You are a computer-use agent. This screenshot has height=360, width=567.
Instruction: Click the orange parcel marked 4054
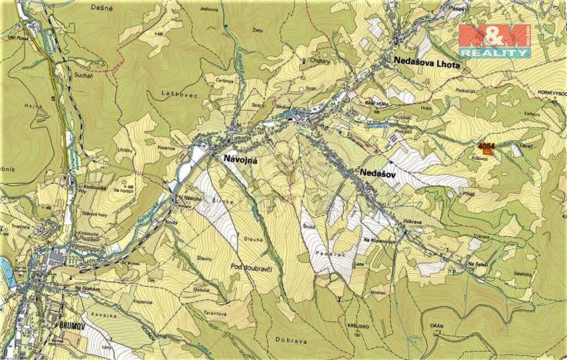(487, 148)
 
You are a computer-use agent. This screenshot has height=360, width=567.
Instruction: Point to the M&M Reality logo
(494, 40)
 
